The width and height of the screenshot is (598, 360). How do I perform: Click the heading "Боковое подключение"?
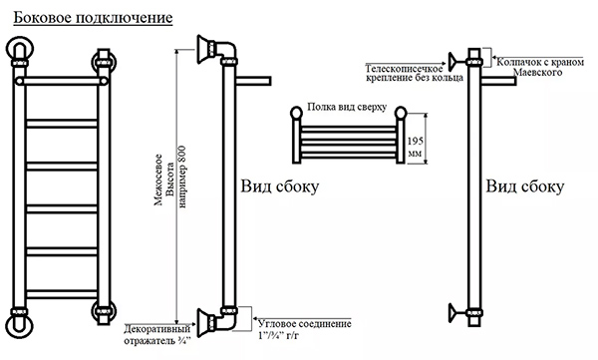coord(93,18)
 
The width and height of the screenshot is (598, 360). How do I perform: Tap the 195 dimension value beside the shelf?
coord(415,142)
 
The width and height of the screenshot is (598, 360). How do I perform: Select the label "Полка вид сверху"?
coord(347,107)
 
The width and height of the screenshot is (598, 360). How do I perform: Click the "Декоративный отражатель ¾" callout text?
coord(157,335)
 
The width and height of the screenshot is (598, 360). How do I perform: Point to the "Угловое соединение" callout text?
coord(305,324)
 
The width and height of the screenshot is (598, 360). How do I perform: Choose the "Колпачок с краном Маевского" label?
coord(540,67)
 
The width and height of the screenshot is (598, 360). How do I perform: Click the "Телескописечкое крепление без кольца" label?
coord(415,73)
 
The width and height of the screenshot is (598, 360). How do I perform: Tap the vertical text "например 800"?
coord(182,177)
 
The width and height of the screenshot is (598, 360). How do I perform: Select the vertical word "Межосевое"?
coord(158,180)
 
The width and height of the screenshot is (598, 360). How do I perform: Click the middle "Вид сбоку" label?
coord(279,186)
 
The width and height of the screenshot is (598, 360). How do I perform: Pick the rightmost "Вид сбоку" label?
coord(525,186)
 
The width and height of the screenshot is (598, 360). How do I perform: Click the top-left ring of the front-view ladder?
coord(20,49)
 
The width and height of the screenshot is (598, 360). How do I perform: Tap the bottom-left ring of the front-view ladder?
coord(20,325)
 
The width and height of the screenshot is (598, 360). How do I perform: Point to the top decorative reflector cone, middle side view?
coord(204,49)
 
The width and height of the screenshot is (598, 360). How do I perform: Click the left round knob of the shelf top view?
coord(296,113)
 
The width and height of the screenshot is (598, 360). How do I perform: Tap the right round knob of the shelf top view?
coord(401,113)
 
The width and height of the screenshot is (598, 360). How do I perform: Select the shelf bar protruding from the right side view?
coord(499,81)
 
